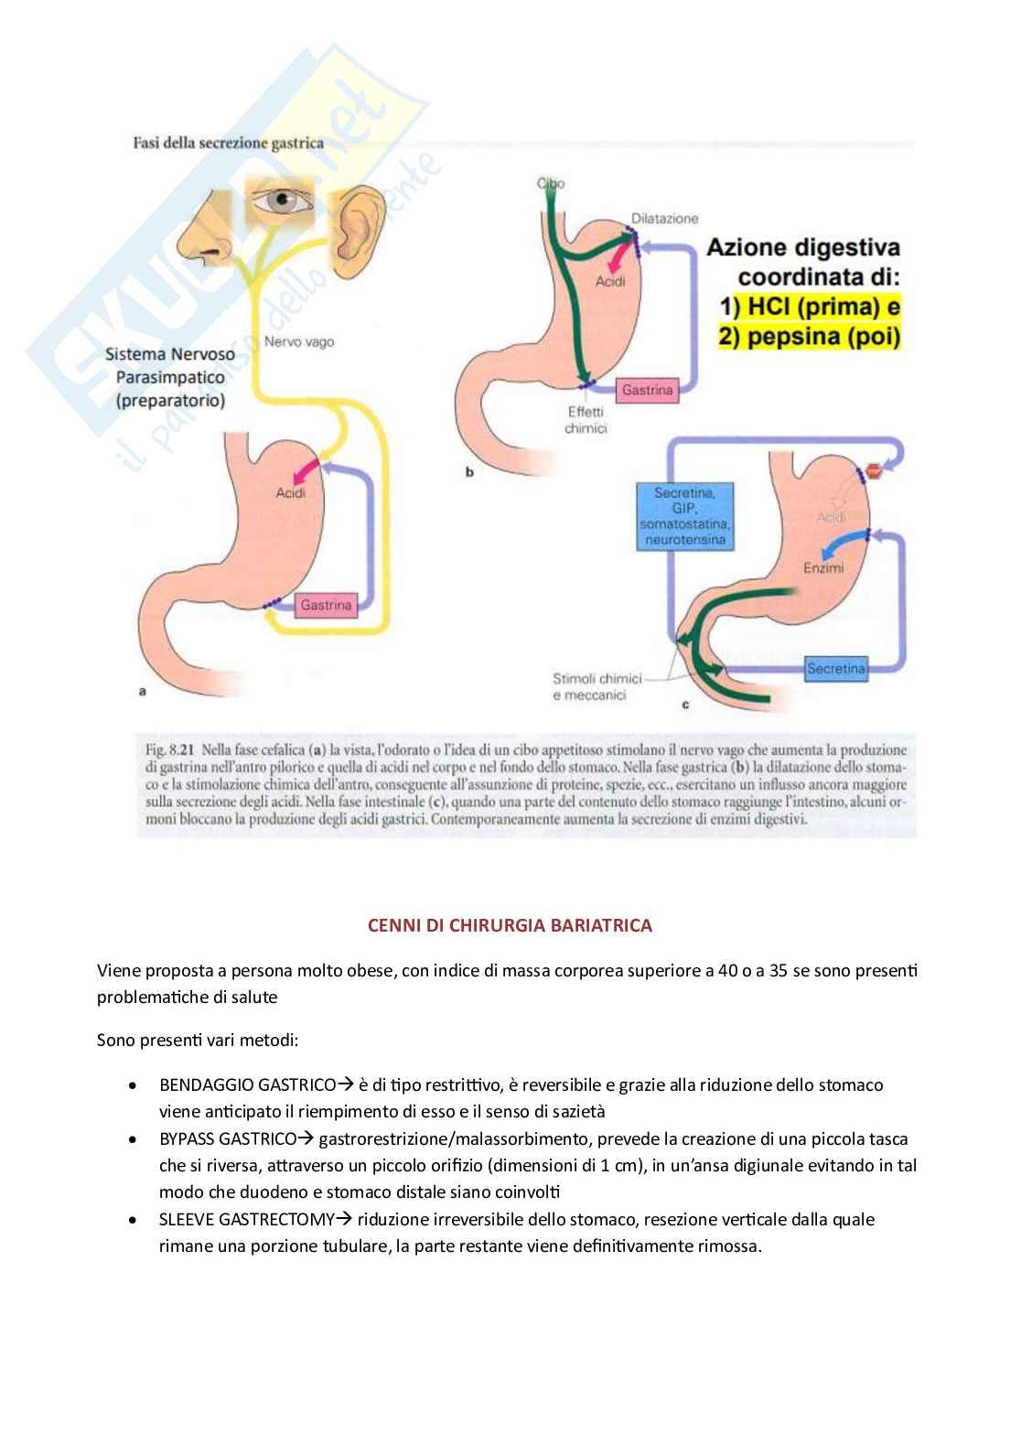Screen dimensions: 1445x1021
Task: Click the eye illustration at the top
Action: [x=281, y=202]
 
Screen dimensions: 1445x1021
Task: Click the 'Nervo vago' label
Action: [x=299, y=341]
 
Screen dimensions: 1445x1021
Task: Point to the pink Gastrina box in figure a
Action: [x=326, y=605]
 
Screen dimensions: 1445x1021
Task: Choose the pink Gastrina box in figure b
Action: [x=647, y=390]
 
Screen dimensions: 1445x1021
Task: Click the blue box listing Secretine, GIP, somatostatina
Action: [x=685, y=517]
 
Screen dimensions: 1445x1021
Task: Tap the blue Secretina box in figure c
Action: [x=836, y=669]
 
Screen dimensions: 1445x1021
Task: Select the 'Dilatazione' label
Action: [x=664, y=218]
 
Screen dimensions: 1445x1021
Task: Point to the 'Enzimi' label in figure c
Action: [x=823, y=567]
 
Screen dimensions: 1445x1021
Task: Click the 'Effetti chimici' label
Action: [x=586, y=420]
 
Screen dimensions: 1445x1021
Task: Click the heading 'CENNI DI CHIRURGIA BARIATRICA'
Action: [x=510, y=925]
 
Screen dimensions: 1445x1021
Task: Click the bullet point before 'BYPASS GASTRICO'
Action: [x=134, y=1140]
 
